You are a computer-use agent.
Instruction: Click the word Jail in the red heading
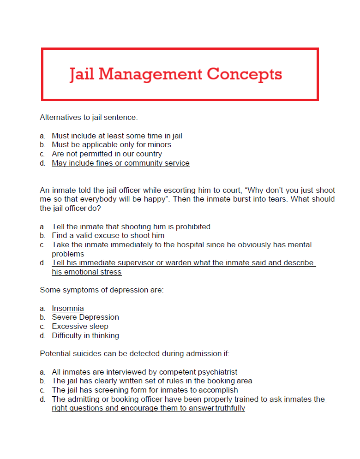82,74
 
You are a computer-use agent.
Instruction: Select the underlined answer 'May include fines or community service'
120,163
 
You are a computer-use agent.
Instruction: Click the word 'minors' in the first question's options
159,144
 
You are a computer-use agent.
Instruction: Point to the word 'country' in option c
149,154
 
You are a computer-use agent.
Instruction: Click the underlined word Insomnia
68,308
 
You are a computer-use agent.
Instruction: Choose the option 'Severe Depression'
85,317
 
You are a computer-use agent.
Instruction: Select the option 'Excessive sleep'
80,326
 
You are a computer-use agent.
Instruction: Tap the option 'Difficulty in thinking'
85,335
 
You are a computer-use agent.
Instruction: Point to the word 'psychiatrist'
217,371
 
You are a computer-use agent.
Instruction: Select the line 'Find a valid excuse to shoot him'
108,235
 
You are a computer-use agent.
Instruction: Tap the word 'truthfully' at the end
230,408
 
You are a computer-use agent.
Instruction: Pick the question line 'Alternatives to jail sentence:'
89,117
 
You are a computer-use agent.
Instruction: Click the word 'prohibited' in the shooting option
192,227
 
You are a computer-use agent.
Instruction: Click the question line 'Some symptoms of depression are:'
102,290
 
